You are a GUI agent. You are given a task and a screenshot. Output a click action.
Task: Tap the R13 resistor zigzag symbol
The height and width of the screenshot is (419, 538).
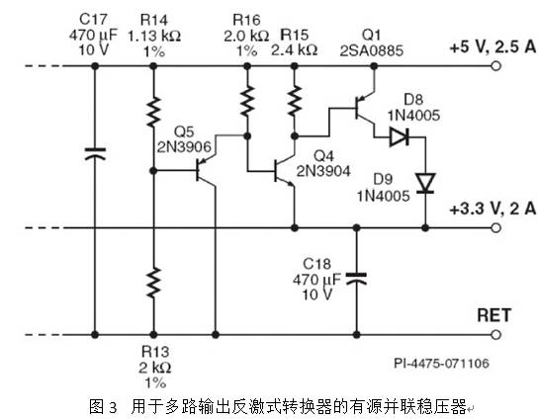pyautogui.click(x=153, y=281)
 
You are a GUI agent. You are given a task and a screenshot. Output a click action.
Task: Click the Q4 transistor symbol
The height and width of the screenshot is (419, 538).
pyautogui.click(x=286, y=170)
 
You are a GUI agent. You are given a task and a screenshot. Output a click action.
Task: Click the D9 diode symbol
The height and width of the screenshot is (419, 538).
pyautogui.click(x=424, y=183)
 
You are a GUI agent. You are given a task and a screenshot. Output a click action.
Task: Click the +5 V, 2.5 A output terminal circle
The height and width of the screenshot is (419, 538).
pyautogui.click(x=494, y=67)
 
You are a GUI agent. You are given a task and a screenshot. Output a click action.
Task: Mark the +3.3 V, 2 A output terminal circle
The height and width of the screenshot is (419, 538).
pyautogui.click(x=494, y=228)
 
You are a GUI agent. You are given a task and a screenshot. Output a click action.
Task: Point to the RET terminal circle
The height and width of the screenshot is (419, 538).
pyautogui.click(x=494, y=333)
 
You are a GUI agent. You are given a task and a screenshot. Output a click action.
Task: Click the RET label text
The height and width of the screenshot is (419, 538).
pyautogui.click(x=493, y=315)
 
